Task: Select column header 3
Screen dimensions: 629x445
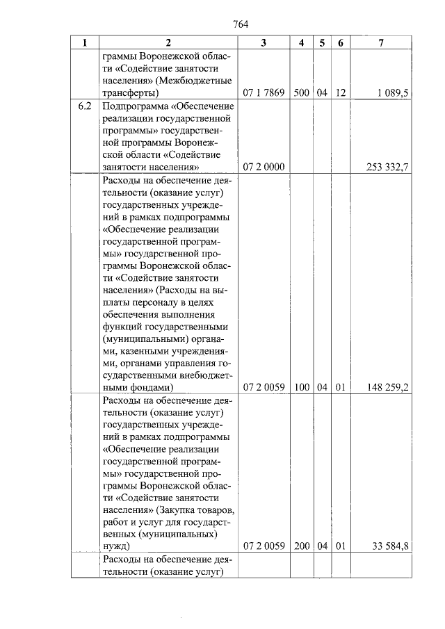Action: click(x=263, y=43)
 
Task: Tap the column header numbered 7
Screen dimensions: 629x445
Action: click(x=381, y=43)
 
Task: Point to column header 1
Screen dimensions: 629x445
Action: click(x=85, y=43)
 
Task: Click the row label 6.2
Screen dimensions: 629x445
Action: click(x=85, y=107)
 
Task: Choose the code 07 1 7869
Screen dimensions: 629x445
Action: click(x=263, y=92)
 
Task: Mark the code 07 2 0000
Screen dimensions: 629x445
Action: click(x=263, y=167)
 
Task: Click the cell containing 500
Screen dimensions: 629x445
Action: click(x=301, y=92)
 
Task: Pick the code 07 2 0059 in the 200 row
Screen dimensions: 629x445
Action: click(x=263, y=546)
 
